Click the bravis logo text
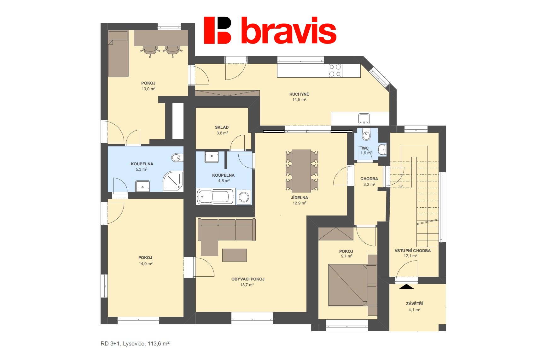coord(288,30)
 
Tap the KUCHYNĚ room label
coord(299,94)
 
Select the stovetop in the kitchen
coord(335,70)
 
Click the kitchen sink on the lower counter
coord(364,119)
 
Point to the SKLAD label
coord(222,127)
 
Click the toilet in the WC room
coord(366,134)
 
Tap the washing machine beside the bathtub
coord(244,197)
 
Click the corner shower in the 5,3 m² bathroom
coord(173,181)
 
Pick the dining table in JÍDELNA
coord(301,171)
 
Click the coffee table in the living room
coord(235,255)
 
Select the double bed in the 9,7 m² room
coord(352,285)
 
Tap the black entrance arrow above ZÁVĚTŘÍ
coord(406,286)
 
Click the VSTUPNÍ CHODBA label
coord(413,251)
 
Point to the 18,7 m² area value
coord(247,285)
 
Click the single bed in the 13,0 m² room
coord(118,54)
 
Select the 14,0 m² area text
coord(146,263)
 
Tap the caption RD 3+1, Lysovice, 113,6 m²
coord(135,344)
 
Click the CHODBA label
coord(369,179)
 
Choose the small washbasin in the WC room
coord(382,150)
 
